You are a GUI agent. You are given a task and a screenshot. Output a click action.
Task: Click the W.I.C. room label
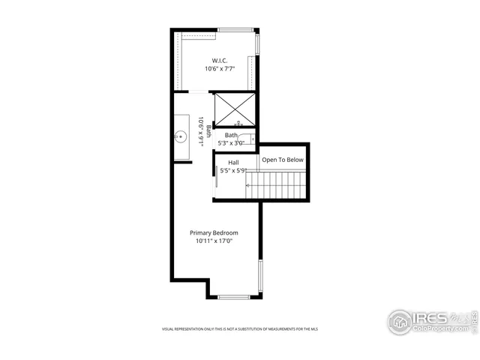(x=219, y=60)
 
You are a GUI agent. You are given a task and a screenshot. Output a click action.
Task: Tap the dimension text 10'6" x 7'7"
(x=219, y=69)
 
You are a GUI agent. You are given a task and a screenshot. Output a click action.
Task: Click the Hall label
(x=233, y=162)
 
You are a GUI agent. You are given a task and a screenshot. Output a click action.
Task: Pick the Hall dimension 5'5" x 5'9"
(x=232, y=170)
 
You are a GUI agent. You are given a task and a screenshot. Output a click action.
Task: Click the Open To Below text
(x=283, y=160)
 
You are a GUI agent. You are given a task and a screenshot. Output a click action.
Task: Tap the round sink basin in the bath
(x=181, y=137)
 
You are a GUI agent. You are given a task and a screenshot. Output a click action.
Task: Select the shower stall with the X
(x=235, y=109)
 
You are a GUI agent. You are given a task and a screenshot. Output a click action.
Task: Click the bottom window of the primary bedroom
(x=233, y=298)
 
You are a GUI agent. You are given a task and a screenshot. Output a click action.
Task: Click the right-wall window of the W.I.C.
(x=258, y=44)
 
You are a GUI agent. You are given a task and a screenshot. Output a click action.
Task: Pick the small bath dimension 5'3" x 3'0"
(x=231, y=143)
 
